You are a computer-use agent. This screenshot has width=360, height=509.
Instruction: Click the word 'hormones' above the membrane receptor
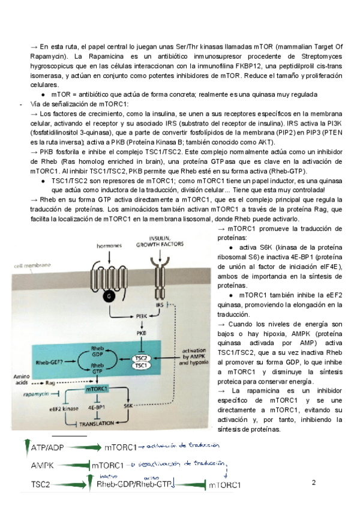tap(109, 246)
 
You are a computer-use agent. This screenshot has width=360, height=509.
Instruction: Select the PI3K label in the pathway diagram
tap(143, 315)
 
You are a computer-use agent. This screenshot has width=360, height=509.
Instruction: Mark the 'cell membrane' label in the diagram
tap(34, 265)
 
